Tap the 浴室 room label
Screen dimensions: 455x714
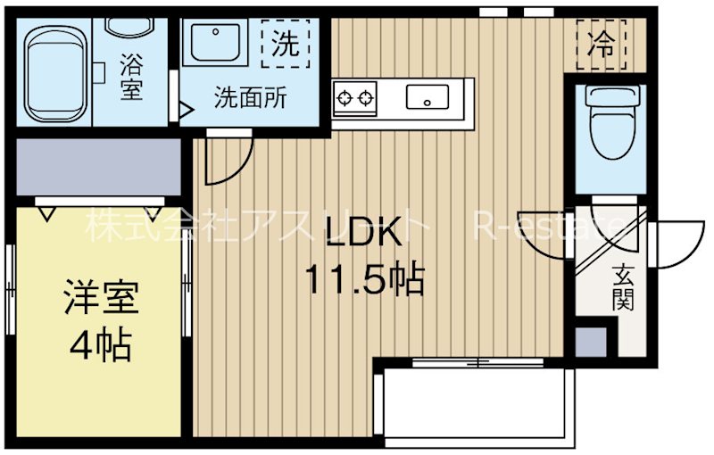pos(131,77)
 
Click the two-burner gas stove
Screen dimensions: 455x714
pos(355,96)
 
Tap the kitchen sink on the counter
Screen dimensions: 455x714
pos(427,96)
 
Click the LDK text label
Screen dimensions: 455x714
pos(362,234)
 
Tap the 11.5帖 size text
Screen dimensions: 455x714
pos(362,280)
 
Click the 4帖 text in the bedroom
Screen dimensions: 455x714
pos(101,344)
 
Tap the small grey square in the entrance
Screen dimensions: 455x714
pos(589,342)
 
